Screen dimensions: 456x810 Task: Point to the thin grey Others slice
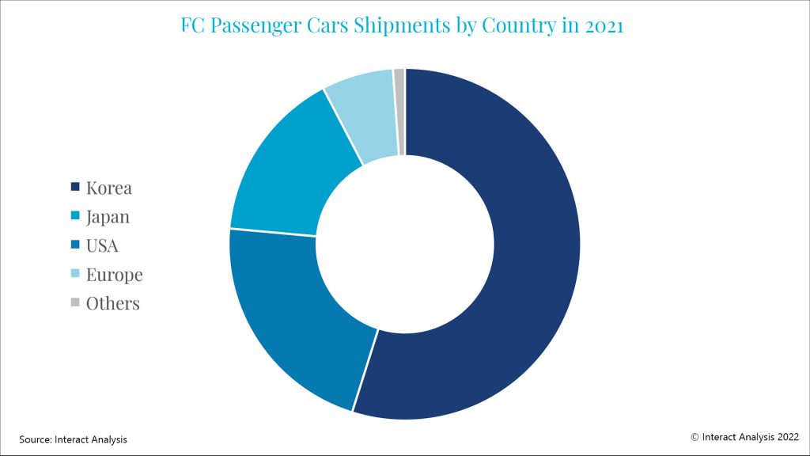click(x=399, y=111)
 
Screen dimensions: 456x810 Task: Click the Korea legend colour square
click(x=75, y=188)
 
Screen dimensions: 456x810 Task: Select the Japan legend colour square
click(x=75, y=216)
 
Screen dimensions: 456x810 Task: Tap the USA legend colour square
click(x=75, y=245)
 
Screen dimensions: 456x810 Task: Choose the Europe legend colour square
click(x=75, y=274)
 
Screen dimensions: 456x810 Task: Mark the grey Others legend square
click(x=75, y=302)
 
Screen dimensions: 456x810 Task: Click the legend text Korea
click(x=109, y=188)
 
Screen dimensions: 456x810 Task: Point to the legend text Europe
click(x=115, y=275)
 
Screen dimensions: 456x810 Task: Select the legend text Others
click(x=113, y=303)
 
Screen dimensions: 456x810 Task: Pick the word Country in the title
click(x=517, y=26)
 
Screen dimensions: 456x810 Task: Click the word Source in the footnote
click(x=35, y=439)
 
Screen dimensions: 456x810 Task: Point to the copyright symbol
click(x=695, y=436)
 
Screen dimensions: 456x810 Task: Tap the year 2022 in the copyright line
click(x=786, y=436)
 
